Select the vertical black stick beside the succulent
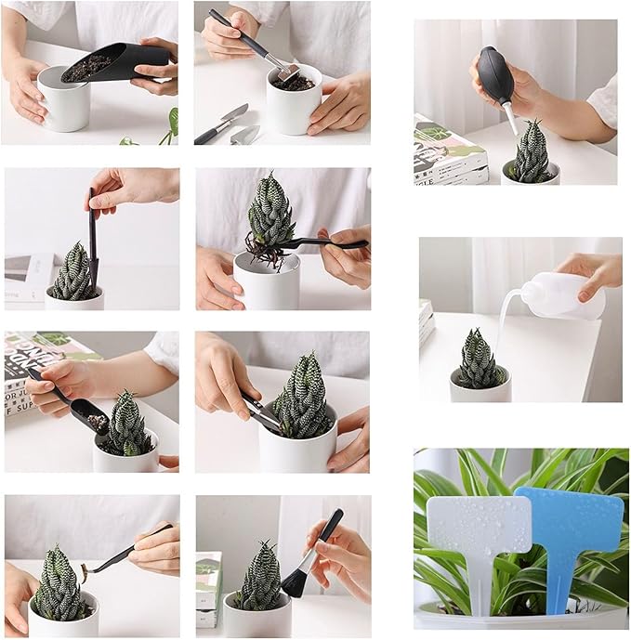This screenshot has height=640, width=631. (92, 237)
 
